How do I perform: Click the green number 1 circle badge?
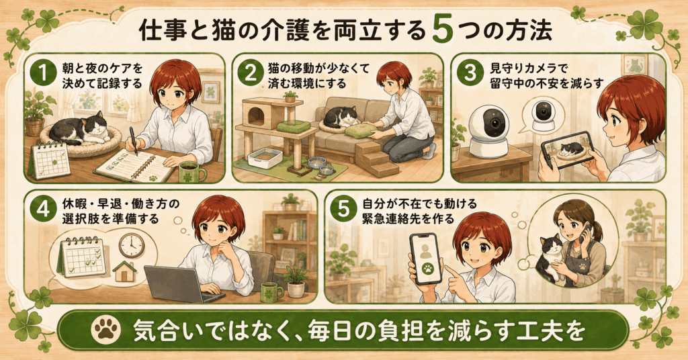[44, 73]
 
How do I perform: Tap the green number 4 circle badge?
[44, 209]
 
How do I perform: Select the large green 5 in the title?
[442, 30]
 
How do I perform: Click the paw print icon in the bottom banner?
[105, 330]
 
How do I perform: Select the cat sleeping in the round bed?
[77, 130]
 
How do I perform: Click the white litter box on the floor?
[265, 157]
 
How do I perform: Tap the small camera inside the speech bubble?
[544, 115]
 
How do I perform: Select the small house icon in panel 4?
[124, 271]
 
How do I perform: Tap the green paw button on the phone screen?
[425, 267]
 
